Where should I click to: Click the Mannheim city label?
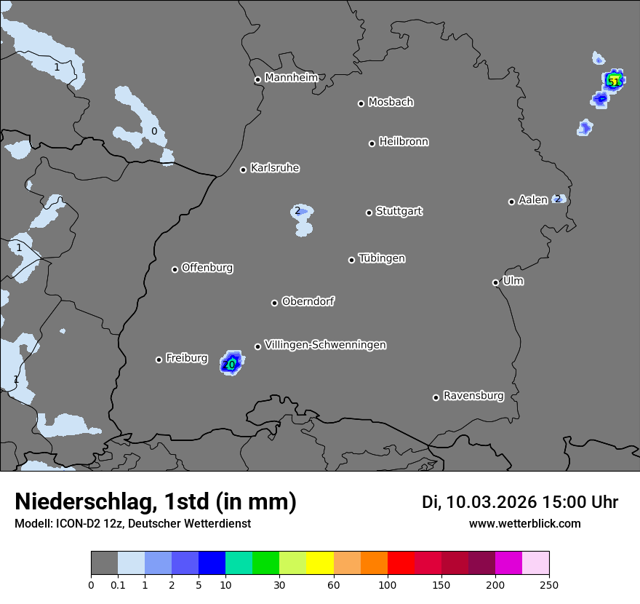pos(291,77)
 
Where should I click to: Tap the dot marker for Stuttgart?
pos(369,212)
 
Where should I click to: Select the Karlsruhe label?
pos(275,168)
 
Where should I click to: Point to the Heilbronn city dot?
pos(372,143)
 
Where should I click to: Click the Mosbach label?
pos(391,102)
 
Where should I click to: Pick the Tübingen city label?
pos(382,258)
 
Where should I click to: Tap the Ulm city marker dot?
pos(496,282)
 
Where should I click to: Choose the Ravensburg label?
pos(473,396)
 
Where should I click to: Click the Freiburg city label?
pos(187,358)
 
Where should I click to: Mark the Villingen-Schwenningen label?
pos(325,345)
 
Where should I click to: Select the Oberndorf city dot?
pos(275,303)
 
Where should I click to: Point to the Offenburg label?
pos(207,268)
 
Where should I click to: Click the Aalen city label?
pos(533,200)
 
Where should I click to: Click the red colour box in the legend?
pos(401,563)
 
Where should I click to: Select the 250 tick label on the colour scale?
pos(549,584)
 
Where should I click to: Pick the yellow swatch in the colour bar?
pos(320,563)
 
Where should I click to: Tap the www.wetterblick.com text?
pos(525,523)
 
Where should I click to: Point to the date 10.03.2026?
pos(492,502)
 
